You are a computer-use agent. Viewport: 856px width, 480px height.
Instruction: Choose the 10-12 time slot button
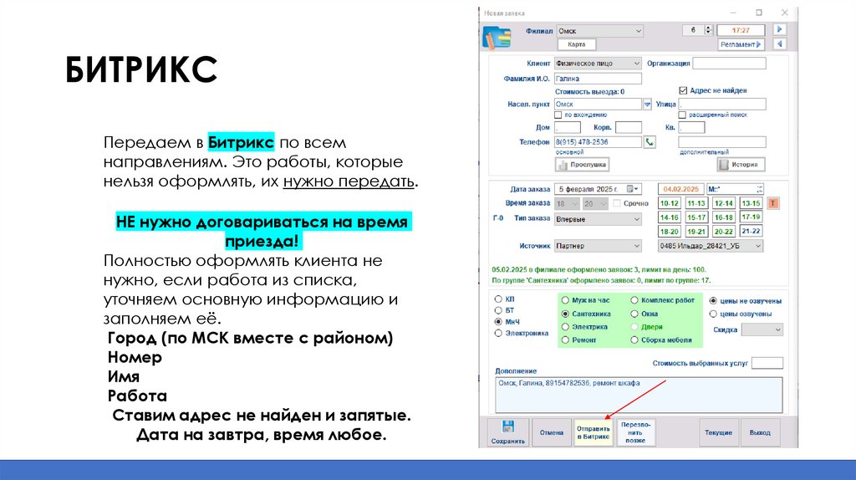point(669,203)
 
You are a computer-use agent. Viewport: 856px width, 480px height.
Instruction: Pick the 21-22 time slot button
point(751,231)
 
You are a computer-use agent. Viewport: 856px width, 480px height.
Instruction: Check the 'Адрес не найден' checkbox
point(683,90)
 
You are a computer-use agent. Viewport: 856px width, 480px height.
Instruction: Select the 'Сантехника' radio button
point(566,314)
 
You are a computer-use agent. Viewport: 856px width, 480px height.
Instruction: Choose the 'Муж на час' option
point(566,299)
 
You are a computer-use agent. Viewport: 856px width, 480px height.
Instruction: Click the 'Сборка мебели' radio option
point(634,340)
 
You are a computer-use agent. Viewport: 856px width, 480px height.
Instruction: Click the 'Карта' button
point(576,44)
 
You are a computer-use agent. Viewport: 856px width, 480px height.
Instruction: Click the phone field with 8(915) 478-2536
point(597,142)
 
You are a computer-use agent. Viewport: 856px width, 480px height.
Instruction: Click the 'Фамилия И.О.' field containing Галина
point(597,79)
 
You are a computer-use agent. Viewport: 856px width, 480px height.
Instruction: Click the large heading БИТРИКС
point(141,70)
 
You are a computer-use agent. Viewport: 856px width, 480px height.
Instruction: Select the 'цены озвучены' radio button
point(712,314)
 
